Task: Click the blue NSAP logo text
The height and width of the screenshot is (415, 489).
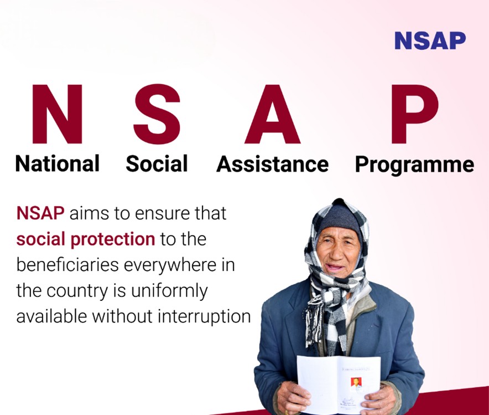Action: pyautogui.click(x=430, y=40)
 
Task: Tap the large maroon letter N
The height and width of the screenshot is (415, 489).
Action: pyautogui.click(x=57, y=114)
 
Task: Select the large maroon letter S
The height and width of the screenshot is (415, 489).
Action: pyautogui.click(x=157, y=114)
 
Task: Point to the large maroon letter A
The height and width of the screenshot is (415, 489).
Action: pyautogui.click(x=272, y=114)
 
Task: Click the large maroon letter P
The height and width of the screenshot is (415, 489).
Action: pyautogui.click(x=415, y=114)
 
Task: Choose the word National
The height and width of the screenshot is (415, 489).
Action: pyautogui.click(x=58, y=163)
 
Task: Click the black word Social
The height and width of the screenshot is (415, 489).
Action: pyautogui.click(x=157, y=163)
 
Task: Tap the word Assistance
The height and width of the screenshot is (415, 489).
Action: pyautogui.click(x=273, y=164)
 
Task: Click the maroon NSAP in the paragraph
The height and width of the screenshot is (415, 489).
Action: pyautogui.click(x=40, y=213)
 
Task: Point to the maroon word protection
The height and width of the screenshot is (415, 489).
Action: pyautogui.click(x=113, y=240)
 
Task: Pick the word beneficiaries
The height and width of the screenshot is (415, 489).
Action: pyautogui.click(x=67, y=265)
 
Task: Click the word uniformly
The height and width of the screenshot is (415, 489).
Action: pyautogui.click(x=169, y=291)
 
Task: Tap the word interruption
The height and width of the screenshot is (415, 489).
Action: pyautogui.click(x=204, y=317)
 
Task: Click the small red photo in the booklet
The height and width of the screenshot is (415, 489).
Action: pyautogui.click(x=356, y=382)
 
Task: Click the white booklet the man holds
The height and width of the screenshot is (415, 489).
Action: pyautogui.click(x=339, y=384)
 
